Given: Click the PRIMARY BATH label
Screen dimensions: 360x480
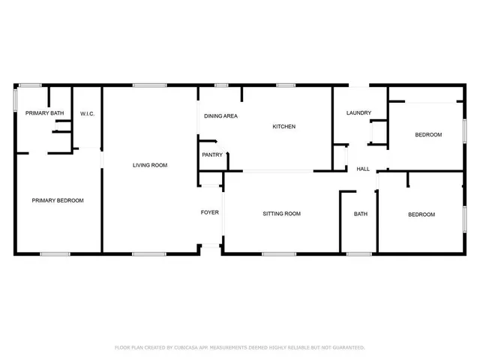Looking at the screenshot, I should click(44, 113).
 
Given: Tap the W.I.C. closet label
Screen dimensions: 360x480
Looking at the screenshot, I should click(86, 113).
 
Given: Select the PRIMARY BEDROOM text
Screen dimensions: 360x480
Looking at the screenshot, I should click(57, 200).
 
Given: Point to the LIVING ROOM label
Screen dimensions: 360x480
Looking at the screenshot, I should click(149, 165).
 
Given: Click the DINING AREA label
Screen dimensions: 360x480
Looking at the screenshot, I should click(221, 116).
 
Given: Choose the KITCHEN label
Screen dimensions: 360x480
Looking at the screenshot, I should click(283, 127).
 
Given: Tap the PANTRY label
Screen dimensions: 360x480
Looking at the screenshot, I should click(212, 155).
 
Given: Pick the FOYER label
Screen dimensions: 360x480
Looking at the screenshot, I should click(210, 212).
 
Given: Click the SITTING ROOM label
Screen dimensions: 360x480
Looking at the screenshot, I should click(281, 214).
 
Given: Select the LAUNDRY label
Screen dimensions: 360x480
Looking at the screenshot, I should click(358, 113).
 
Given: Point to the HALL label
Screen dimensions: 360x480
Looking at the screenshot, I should click(363, 169).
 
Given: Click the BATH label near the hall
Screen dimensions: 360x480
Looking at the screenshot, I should click(361, 214).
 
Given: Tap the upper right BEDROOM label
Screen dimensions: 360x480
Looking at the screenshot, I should click(428, 135).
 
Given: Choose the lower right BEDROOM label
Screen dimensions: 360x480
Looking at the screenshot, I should click(421, 214).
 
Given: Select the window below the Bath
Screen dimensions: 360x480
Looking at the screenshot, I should click(359, 253).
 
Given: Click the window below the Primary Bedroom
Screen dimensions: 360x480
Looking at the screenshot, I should click(55, 253).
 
